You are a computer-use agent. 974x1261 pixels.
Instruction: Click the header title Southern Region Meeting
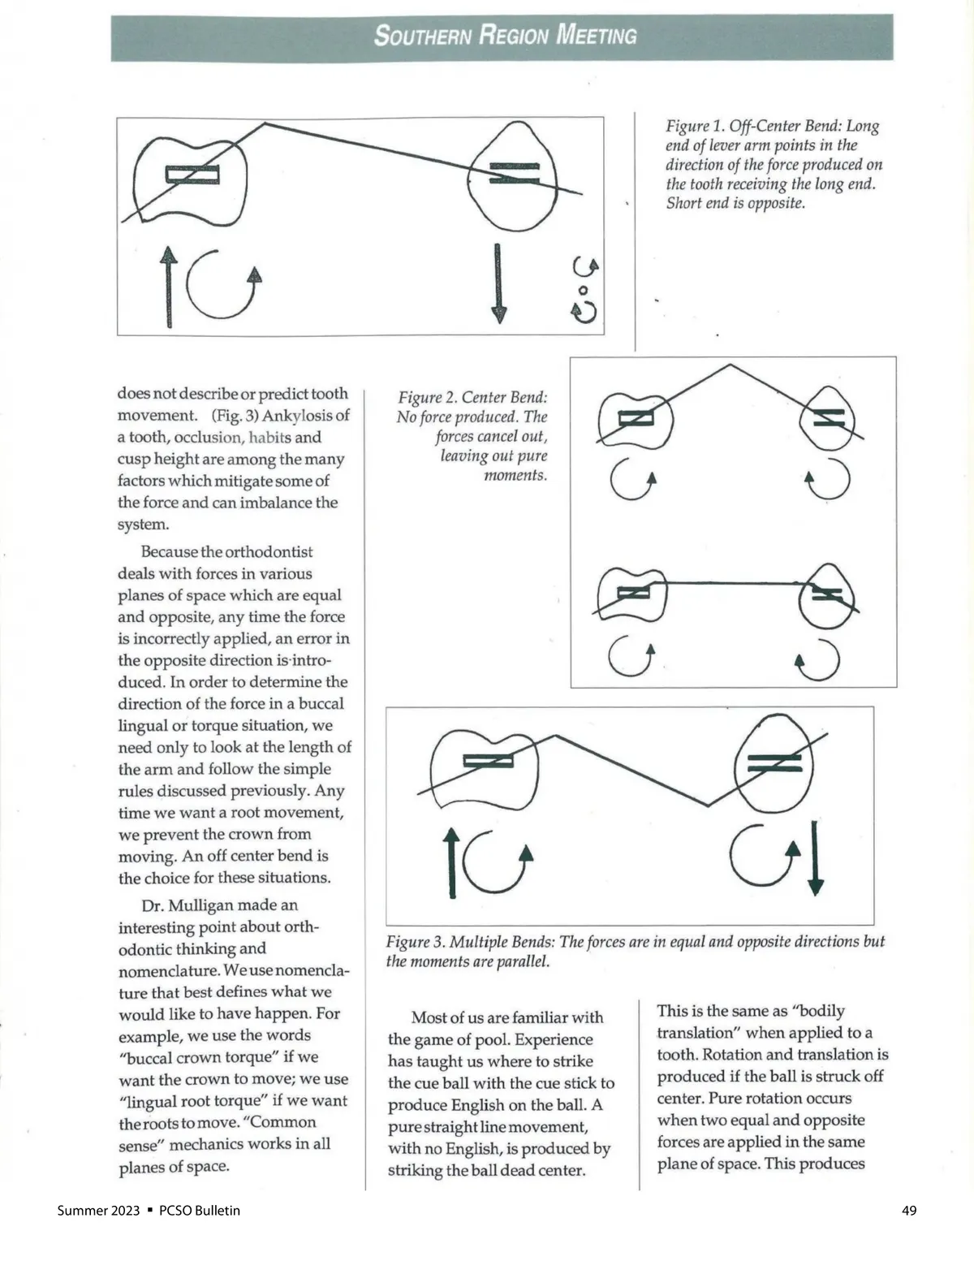tap(505, 36)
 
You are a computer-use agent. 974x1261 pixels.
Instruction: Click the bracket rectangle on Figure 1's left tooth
tap(192, 175)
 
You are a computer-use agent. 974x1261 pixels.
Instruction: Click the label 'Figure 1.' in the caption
tap(695, 127)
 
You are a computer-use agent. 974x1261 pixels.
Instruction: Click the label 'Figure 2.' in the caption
tap(427, 398)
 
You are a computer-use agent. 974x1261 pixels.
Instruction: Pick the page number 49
tap(909, 1211)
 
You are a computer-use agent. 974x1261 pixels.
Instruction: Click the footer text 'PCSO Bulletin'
tap(200, 1211)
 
